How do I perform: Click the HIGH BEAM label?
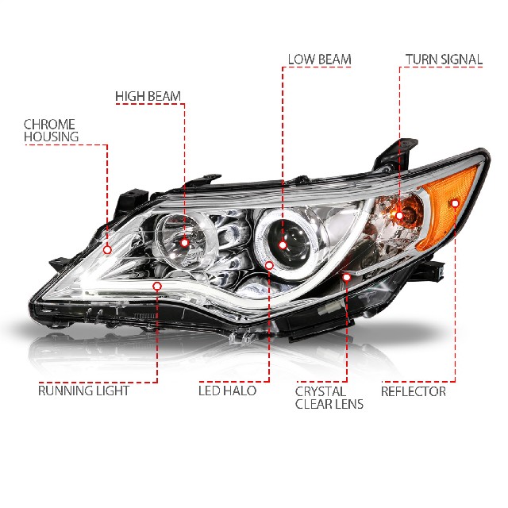148,97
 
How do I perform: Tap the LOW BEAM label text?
319,60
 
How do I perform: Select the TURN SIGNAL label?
443,60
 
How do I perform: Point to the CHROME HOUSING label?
51,130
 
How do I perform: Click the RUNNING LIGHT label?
83,391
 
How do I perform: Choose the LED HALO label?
230,391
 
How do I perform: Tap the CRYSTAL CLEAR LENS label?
329,398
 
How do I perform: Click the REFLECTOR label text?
413,391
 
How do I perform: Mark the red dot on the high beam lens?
184,241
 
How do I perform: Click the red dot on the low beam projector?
283,225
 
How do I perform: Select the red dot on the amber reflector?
455,203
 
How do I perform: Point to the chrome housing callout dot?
107,248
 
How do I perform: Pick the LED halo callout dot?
269,266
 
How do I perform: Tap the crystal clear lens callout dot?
346,277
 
